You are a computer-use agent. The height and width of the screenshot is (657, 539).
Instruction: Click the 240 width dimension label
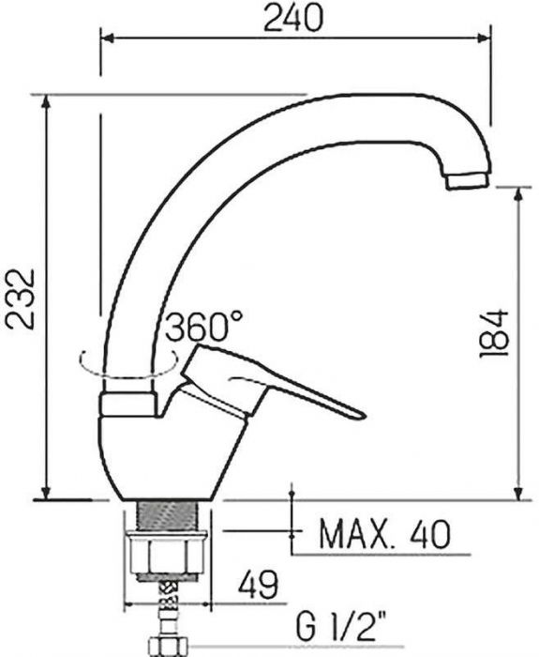pyautogui.click(x=292, y=18)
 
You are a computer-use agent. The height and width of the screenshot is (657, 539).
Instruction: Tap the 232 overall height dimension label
pyautogui.click(x=20, y=298)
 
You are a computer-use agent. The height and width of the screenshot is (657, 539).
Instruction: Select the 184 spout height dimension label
pyautogui.click(x=494, y=333)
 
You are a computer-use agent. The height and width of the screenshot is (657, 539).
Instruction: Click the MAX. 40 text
pyautogui.click(x=385, y=534)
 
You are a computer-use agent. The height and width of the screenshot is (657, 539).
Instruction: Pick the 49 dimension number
pyautogui.click(x=258, y=584)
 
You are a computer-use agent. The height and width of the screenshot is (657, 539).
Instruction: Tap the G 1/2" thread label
pyautogui.click(x=341, y=626)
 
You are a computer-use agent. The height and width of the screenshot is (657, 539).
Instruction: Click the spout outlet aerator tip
pyautogui.click(x=468, y=181)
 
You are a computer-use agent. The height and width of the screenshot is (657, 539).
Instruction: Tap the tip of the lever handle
pyautogui.click(x=364, y=415)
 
